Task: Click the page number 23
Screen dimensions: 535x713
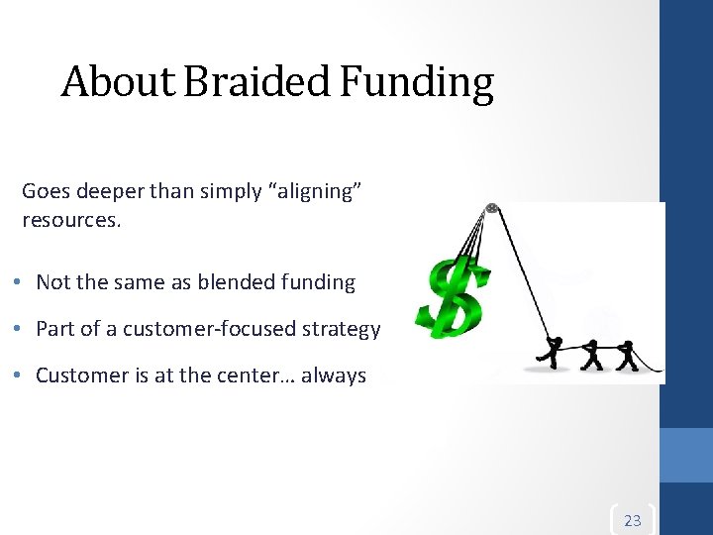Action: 633,520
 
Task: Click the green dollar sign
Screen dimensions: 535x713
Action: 455,297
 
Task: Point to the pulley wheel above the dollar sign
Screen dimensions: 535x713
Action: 490,209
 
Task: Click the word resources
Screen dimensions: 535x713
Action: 70,219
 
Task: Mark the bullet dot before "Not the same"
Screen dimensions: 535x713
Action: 21,282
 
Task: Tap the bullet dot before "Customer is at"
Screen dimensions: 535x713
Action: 21,375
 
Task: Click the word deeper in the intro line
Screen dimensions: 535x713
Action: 104,191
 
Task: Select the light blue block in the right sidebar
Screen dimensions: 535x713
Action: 686,455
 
